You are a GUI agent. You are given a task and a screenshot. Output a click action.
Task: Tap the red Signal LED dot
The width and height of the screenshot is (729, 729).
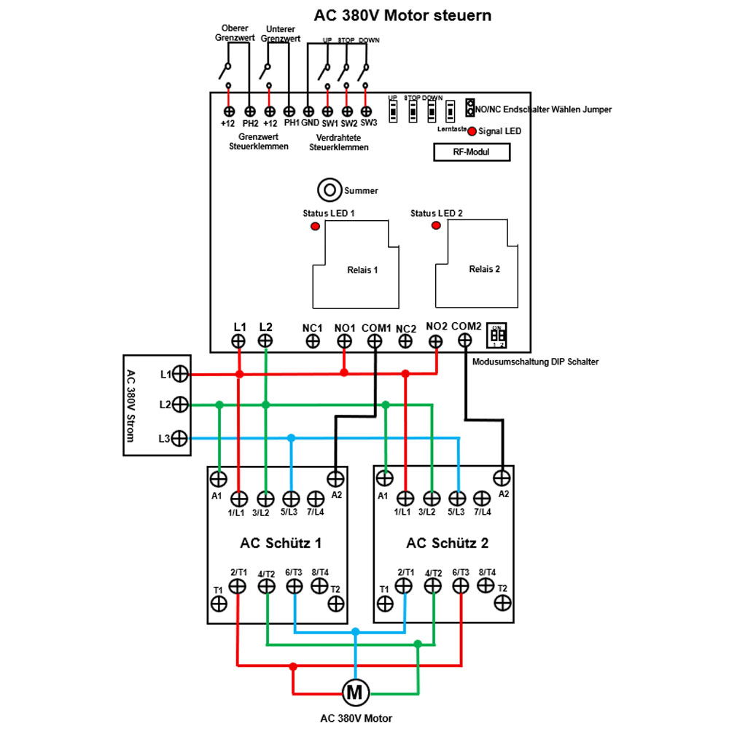point(472,131)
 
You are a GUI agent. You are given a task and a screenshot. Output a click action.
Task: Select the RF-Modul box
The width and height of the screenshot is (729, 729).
point(471,152)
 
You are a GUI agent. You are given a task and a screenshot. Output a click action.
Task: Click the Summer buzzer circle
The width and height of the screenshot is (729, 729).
point(330,190)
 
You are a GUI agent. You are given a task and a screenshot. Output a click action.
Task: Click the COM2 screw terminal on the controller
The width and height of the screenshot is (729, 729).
point(464,340)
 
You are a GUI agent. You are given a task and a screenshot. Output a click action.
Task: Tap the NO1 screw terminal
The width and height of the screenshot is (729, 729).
point(344,340)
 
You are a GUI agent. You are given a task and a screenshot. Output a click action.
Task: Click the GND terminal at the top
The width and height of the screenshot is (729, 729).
point(308,111)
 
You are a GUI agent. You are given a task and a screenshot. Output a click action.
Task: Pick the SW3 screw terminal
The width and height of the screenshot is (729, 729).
point(367,111)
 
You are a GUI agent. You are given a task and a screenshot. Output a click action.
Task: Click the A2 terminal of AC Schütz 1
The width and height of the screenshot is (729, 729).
point(335,478)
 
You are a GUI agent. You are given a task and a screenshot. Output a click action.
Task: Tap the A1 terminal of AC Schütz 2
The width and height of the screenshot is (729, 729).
point(384,478)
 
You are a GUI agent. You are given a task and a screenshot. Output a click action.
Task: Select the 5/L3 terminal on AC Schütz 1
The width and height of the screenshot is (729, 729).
point(290,499)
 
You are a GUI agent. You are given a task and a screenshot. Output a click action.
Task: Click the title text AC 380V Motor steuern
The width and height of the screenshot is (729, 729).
point(402,15)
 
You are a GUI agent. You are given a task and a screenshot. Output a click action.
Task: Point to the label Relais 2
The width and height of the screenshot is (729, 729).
point(484,269)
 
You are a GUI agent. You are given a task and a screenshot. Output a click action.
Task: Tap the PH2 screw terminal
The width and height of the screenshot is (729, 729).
point(250,111)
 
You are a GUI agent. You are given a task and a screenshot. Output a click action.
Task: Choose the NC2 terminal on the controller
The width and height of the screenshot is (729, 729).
point(405,340)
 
